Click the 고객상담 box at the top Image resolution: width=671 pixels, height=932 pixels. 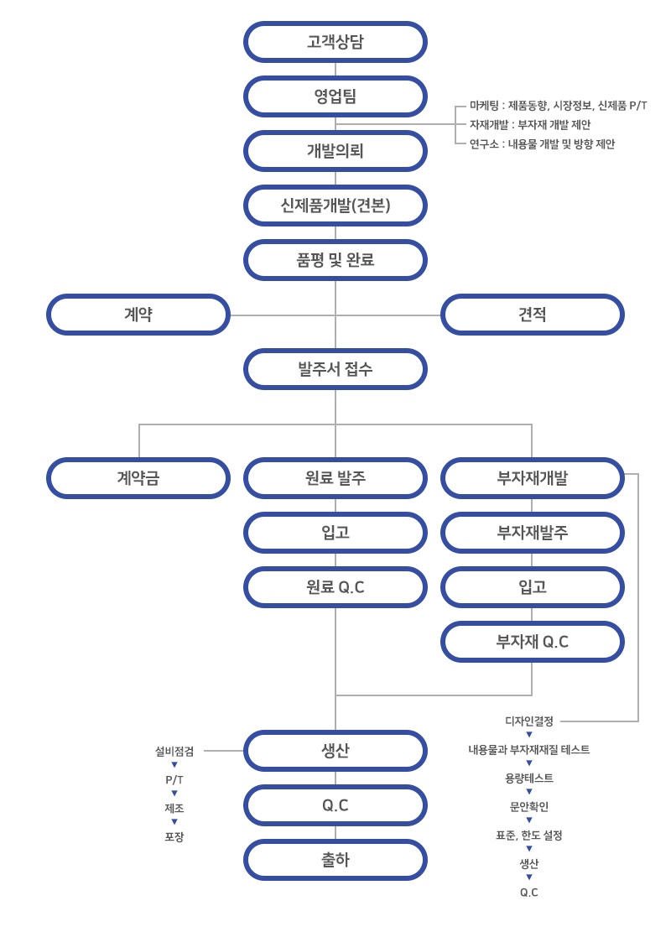click(x=335, y=42)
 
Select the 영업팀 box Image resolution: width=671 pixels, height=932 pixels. click(x=335, y=96)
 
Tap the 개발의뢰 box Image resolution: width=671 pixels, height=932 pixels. click(x=335, y=151)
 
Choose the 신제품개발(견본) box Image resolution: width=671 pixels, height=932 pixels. click(x=335, y=206)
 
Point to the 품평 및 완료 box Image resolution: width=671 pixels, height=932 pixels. click(x=335, y=260)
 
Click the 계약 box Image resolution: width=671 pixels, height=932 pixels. click(x=138, y=315)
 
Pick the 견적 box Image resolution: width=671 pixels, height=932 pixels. click(x=533, y=315)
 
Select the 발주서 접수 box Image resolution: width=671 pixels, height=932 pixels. click(x=335, y=369)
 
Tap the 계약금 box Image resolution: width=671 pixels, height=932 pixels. click(x=138, y=478)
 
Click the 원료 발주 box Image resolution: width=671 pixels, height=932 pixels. click(x=335, y=478)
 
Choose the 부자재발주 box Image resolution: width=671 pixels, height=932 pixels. click(x=533, y=533)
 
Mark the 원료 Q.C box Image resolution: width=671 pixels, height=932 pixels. click(x=335, y=587)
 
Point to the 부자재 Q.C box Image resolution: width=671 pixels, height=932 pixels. click(x=533, y=642)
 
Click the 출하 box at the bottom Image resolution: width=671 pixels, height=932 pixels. click(x=335, y=860)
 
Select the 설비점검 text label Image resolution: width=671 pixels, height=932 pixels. click(x=174, y=752)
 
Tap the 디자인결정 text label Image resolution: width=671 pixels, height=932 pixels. click(x=529, y=721)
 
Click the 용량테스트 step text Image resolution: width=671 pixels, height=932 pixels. click(x=529, y=778)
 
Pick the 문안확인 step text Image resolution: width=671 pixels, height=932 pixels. click(x=529, y=807)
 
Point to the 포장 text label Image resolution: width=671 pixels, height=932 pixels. click(x=174, y=837)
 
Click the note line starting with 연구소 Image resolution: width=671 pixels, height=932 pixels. click(x=542, y=144)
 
